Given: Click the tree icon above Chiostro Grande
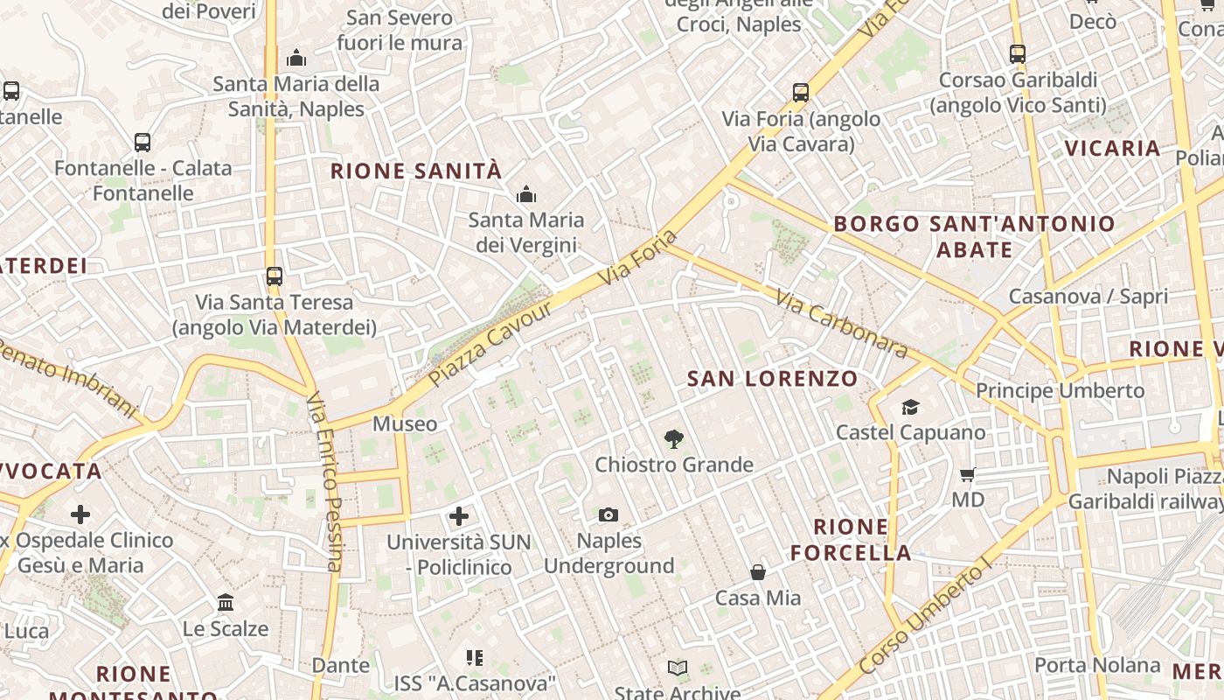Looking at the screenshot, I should tap(673, 439).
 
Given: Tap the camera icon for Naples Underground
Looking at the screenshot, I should tap(609, 515).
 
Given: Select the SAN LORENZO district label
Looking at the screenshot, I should tap(772, 379).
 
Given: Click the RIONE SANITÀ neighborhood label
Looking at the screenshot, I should tap(416, 171).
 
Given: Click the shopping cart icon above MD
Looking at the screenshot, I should tap(967, 475).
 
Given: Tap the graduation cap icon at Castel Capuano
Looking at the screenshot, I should tap(910, 407).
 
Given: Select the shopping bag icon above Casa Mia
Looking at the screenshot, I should tap(758, 573).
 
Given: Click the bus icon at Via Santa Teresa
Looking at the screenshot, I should tap(275, 276).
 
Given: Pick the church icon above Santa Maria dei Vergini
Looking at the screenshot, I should tap(526, 194).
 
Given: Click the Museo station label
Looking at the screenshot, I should tap(405, 424).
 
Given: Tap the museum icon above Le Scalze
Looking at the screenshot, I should tap(226, 603).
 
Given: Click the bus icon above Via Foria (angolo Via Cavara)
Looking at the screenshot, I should tap(801, 93).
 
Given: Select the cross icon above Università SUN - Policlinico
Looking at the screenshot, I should tap(459, 516).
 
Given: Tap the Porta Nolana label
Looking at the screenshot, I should tap(1097, 665).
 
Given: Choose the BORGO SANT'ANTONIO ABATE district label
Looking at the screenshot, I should tap(974, 236).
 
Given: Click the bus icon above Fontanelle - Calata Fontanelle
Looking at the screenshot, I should tap(143, 143).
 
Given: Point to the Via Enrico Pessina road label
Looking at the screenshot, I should tap(324, 482).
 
